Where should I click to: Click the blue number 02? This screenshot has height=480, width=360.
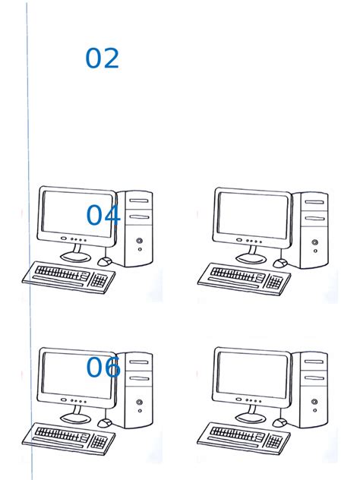click(102, 58)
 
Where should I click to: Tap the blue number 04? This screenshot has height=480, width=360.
click(103, 216)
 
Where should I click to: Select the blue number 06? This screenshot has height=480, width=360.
click(103, 368)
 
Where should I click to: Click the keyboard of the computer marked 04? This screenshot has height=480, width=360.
click(68, 275)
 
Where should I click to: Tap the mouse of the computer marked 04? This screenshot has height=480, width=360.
click(105, 261)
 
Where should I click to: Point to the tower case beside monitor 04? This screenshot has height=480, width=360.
click(137, 228)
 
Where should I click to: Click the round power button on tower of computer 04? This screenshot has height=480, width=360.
click(140, 242)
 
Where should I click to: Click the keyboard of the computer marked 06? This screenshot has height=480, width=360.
click(68, 436)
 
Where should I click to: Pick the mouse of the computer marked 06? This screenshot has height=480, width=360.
click(105, 422)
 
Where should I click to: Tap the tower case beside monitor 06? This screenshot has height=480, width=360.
click(137, 389)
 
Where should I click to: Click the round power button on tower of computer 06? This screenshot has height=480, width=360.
click(140, 403)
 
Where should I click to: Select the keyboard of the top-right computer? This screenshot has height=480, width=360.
click(244, 275)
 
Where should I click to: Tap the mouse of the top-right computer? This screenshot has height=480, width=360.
click(280, 262)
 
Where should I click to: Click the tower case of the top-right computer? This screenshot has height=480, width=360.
click(313, 228)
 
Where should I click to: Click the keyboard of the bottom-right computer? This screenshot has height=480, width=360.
click(244, 436)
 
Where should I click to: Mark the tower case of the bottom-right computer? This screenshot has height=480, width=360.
click(313, 389)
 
